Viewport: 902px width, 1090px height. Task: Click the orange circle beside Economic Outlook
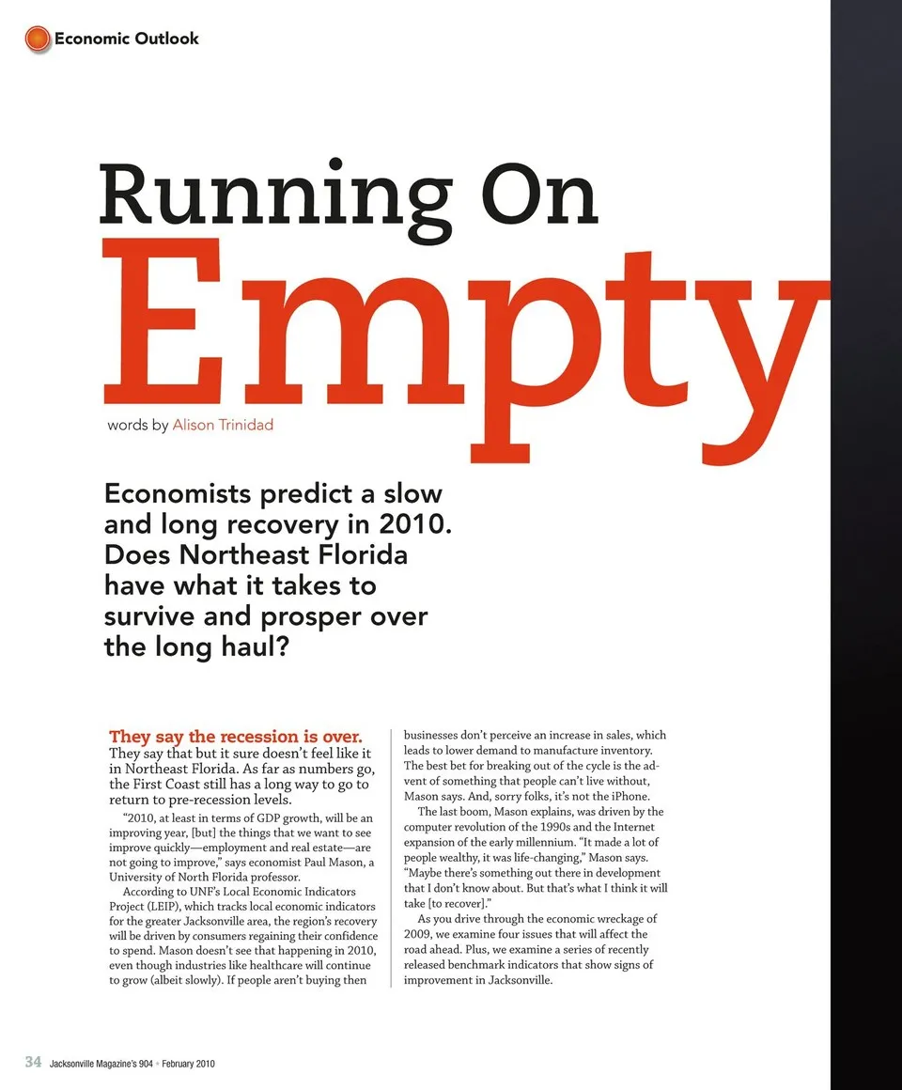tap(37, 39)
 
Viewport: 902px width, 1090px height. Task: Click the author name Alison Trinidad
tap(223, 425)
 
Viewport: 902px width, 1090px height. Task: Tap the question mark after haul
tap(277, 647)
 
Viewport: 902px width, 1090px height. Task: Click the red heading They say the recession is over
tap(236, 736)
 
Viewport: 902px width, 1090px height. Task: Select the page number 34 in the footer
tap(33, 1062)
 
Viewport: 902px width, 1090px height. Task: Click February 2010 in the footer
tap(188, 1063)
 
